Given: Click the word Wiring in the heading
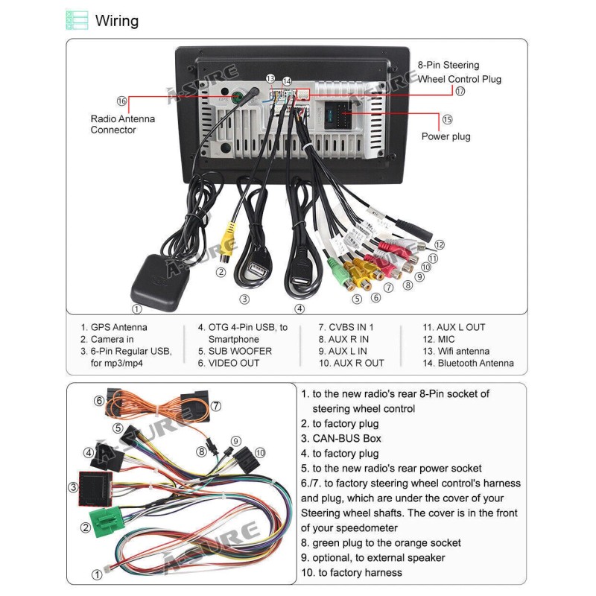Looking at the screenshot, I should (x=117, y=20).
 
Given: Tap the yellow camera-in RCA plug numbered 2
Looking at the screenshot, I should (x=230, y=242).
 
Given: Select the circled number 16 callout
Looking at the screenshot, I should (x=122, y=101).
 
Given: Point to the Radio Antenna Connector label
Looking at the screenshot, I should (x=123, y=124).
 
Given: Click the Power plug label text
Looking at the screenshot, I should (x=446, y=136).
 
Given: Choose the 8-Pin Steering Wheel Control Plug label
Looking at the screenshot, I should (x=459, y=72).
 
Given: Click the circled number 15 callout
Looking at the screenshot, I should (x=447, y=119).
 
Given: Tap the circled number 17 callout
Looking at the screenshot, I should (x=460, y=91).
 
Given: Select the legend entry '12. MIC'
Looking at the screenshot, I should (x=439, y=339).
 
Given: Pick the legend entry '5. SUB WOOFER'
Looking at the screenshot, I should (x=235, y=351).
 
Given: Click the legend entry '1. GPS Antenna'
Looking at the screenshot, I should (x=114, y=327).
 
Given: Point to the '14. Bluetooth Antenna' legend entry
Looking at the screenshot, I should (x=468, y=363).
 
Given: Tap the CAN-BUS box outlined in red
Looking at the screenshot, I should (x=95, y=489).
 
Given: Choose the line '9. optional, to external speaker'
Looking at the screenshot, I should (x=372, y=557).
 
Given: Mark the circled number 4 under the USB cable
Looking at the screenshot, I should (x=299, y=308).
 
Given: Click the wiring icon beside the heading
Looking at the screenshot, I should (x=77, y=20).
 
